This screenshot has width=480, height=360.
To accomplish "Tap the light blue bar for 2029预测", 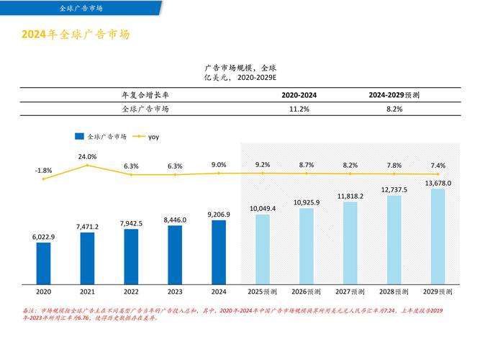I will click(x=438, y=235).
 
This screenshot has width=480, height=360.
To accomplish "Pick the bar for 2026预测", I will click(x=307, y=245).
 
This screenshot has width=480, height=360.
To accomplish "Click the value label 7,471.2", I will click(x=87, y=226).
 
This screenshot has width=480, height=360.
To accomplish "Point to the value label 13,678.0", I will click(x=438, y=183).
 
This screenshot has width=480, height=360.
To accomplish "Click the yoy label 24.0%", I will click(x=87, y=156).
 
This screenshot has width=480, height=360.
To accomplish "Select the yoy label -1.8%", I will click(x=43, y=170).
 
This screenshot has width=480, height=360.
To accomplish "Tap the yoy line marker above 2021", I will click(x=87, y=166).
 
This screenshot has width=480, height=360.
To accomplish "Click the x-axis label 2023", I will click(x=175, y=292).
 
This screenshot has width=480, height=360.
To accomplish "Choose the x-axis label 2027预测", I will click(x=350, y=292).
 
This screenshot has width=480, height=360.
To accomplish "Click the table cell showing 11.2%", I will click(x=299, y=109).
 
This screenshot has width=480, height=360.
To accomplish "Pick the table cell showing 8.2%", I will click(x=394, y=109).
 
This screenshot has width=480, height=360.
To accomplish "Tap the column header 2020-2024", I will click(x=299, y=95).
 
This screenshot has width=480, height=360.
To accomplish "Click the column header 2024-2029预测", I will click(x=394, y=95).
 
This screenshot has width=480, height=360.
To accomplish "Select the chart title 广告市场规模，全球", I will click(x=240, y=67).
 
